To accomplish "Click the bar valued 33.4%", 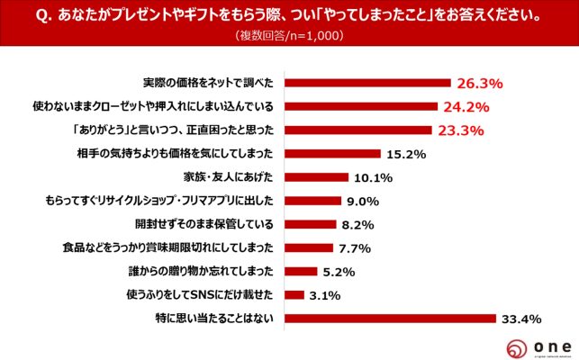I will coord(391,318).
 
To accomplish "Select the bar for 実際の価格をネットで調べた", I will coord(367,83).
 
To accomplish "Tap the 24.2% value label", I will coord(467,106).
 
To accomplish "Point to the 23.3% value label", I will coord(462,130).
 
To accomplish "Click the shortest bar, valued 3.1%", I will coord(296,294).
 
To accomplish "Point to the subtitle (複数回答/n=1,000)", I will coord(290,36).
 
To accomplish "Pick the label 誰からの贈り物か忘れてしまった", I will coord(209,271).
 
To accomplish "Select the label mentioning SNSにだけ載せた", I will coord(208,294).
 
